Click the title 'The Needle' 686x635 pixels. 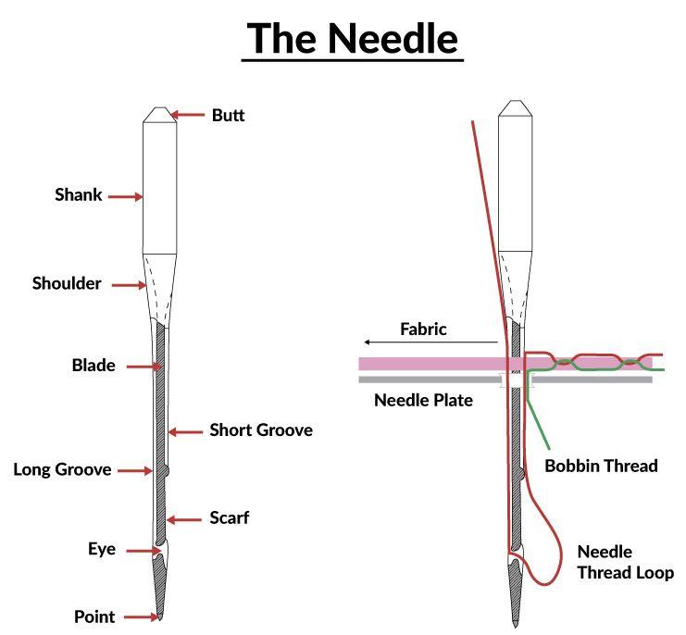(x=352, y=38)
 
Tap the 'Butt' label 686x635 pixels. (x=228, y=116)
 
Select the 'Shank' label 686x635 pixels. (x=79, y=195)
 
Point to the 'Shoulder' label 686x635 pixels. (x=67, y=284)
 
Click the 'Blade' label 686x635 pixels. (x=94, y=366)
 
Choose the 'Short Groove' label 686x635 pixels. (x=260, y=430)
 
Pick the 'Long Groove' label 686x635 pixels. (x=62, y=470)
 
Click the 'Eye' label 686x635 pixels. (x=102, y=550)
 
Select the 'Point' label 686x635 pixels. (x=95, y=616)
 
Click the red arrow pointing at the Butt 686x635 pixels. (x=188, y=116)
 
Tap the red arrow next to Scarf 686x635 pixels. (x=187, y=518)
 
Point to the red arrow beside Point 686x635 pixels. (x=141, y=616)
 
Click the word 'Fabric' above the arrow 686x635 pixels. (x=424, y=329)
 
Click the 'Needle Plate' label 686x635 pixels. (x=423, y=401)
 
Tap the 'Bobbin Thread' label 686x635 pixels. (x=601, y=466)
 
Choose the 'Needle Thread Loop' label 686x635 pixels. (x=625, y=562)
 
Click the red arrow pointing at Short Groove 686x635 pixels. (x=186, y=431)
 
